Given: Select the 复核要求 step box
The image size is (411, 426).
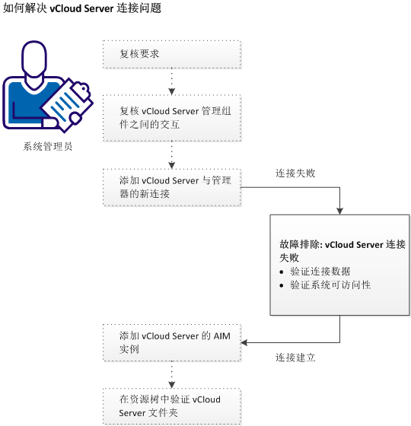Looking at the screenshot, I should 172,55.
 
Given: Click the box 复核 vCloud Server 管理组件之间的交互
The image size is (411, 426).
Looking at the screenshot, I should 172,118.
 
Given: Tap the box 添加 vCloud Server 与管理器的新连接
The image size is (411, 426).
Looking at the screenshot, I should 172,187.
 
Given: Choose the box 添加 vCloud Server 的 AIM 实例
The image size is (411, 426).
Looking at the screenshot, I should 172,342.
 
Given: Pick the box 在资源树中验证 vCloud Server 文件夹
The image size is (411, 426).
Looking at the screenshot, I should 172,406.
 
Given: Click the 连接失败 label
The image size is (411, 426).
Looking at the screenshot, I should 295,173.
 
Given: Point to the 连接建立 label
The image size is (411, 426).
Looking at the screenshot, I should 295,356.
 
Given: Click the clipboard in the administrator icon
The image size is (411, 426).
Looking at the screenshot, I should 67,103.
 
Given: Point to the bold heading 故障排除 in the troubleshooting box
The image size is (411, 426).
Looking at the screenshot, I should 301,245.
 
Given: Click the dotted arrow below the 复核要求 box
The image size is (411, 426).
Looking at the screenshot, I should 172,81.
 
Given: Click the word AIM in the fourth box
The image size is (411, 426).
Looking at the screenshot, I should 221,335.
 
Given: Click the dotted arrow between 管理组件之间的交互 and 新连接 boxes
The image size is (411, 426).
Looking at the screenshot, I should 172,155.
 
